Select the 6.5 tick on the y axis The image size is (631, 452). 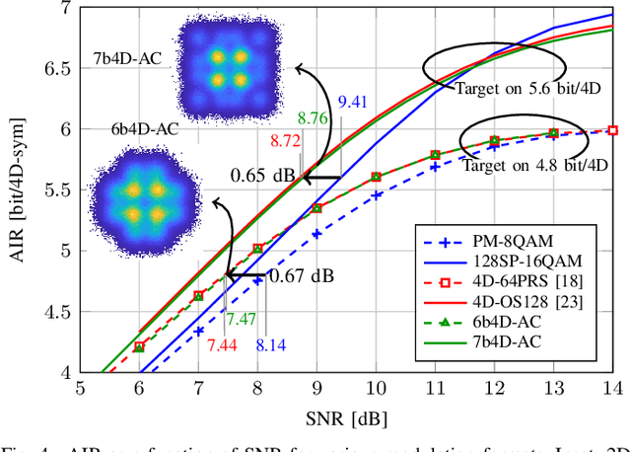(57, 68)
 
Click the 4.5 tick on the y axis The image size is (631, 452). (57, 312)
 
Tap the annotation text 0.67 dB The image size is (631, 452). (302, 275)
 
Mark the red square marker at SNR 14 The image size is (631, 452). (612, 130)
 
